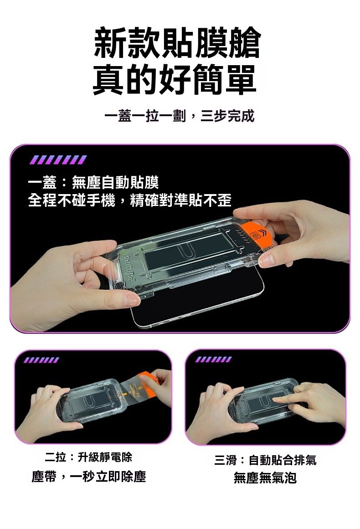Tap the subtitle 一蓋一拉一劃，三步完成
[180, 116]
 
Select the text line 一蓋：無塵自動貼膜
[93, 183]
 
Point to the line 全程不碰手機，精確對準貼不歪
[130, 200]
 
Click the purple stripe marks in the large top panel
[58, 159]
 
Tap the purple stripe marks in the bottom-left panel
[41, 360]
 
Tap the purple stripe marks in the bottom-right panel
[214, 360]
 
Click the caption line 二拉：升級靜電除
[88, 457]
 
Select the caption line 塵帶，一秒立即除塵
[89, 477]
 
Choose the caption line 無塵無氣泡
[265, 478]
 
